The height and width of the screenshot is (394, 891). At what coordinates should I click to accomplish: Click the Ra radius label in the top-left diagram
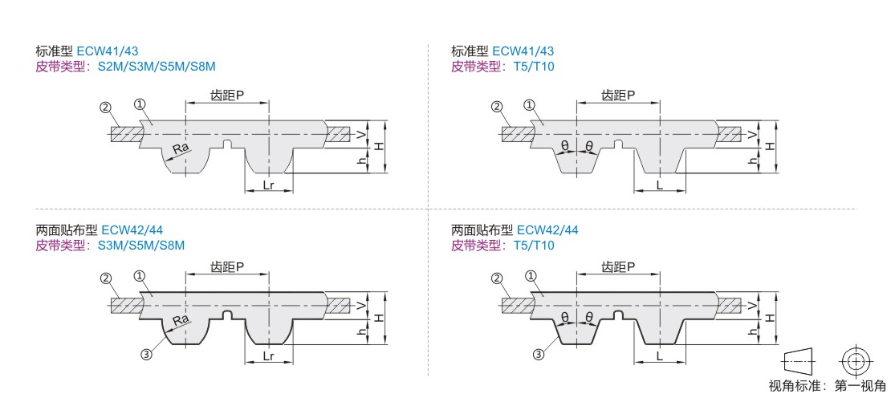[181, 149]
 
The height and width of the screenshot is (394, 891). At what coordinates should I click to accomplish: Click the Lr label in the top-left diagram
[269, 185]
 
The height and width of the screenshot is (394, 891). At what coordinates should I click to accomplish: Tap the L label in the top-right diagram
[660, 185]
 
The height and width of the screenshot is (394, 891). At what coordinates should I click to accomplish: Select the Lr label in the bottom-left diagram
[269, 356]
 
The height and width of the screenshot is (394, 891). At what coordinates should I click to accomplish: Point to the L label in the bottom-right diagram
[660, 356]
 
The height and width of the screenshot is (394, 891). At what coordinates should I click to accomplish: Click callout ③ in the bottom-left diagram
[146, 353]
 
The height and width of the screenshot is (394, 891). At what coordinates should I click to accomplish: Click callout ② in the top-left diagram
[105, 107]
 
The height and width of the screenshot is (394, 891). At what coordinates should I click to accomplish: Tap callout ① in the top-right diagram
[529, 105]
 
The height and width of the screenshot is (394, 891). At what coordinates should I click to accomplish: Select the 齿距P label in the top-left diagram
[227, 95]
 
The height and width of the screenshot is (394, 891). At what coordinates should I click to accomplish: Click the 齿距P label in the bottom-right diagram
[619, 266]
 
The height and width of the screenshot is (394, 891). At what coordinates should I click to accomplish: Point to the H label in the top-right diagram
[769, 146]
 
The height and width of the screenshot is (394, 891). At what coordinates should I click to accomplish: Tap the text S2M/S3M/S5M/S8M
[157, 66]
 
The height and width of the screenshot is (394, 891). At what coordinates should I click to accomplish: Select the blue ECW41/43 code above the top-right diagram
[523, 50]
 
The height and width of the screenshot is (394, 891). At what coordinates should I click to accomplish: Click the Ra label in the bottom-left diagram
[181, 320]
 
